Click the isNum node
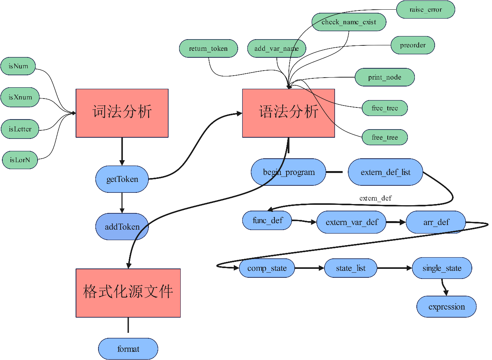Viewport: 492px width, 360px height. pos(18,66)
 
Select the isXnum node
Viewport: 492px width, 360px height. pos(20,97)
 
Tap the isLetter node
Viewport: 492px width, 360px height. pos(20,129)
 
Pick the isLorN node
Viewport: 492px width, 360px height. pos(20,159)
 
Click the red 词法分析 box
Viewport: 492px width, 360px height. pos(122,113)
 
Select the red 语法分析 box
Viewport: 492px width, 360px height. pos(288,113)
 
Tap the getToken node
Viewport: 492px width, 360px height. pos(122,179)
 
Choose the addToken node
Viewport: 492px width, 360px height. pos(122,227)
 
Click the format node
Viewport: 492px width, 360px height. pos(128,349)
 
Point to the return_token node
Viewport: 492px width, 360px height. pos(208,48)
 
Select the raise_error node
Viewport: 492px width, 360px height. pos(425,10)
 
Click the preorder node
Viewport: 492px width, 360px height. pos(413,45)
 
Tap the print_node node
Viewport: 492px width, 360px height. pos(385,77)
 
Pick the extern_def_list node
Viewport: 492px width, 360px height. pos(385,172)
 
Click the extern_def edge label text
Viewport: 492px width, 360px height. pos(375,198)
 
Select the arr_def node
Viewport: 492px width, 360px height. pos(436,222)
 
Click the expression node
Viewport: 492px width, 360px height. pos(446,306)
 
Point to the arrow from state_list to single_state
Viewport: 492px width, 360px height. pos(394,268)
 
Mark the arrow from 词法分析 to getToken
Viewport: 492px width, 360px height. pos(122,151)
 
